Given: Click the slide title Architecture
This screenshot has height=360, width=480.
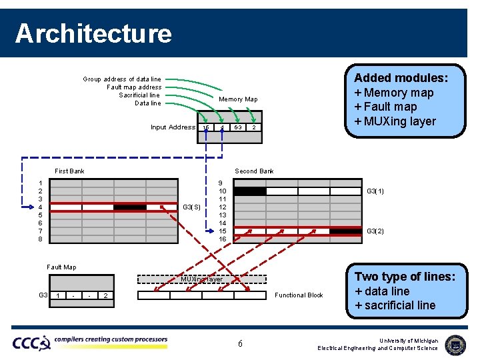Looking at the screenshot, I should (93, 33).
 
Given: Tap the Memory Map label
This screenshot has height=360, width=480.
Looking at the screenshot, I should (238, 99).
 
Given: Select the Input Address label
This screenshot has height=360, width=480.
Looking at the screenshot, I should (173, 127).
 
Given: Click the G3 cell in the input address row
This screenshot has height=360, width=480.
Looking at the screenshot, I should (237, 127).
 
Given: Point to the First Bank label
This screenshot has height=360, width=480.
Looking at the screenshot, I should (69, 171).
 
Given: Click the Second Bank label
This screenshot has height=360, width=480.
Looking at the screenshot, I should (254, 171).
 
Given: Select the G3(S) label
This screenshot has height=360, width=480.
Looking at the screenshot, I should (191, 207).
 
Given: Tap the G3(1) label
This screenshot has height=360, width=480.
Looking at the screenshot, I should (375, 191).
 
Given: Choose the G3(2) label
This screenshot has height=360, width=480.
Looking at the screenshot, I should (375, 231).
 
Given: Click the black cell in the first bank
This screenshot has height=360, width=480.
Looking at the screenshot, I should (129, 207).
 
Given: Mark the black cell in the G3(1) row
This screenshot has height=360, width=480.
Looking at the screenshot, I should (249, 191).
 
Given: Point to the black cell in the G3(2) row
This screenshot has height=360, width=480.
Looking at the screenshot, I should (345, 231).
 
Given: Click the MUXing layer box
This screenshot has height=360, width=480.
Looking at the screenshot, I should (202, 279).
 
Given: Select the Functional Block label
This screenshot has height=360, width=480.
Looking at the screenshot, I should (299, 295).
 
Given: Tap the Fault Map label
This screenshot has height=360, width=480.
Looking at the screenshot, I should (61, 267).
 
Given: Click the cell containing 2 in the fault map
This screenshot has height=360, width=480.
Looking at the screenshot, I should (105, 295).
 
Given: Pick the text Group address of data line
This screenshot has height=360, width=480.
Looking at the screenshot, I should (121, 79).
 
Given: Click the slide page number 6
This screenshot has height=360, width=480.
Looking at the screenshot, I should (240, 343).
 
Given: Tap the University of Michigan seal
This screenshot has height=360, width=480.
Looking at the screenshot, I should (455, 344).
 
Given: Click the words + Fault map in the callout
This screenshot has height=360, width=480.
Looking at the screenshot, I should (385, 107).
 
